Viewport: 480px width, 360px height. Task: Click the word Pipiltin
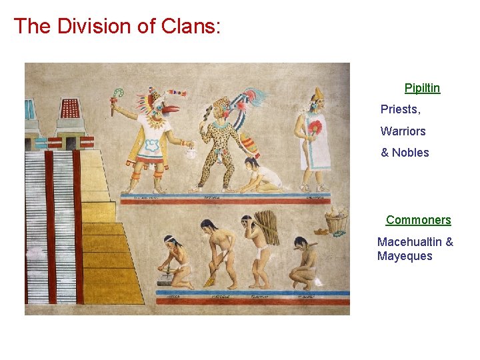point(422,88)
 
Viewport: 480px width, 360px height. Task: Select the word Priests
point(399,109)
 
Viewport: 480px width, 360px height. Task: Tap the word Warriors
point(403,131)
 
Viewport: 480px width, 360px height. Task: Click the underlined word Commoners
point(418,220)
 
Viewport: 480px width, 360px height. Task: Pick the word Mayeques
point(404,257)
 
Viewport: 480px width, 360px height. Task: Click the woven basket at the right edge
point(337,220)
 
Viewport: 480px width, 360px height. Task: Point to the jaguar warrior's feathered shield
point(249,143)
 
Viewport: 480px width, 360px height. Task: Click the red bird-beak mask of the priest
point(169,109)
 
